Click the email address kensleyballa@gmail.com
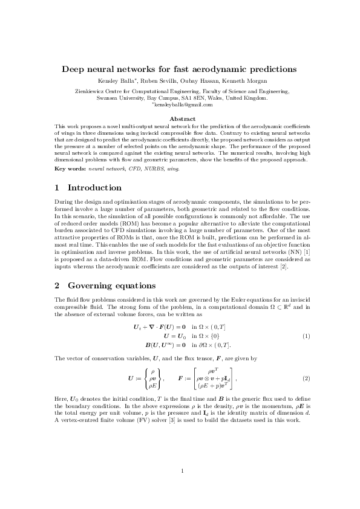(183, 105)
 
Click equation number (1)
(306, 336)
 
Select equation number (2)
(306, 378)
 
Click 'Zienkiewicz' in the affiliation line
(89, 91)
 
